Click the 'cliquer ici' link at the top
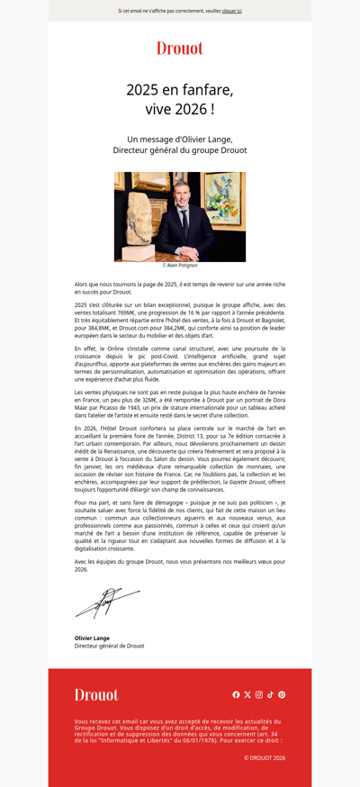231,11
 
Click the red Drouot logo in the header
180,49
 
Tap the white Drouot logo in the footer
96,694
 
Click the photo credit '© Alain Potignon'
180,266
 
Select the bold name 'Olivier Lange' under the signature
92,638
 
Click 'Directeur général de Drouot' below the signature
109,646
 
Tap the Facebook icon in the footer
237,694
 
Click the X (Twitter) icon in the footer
247,694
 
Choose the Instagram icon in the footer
259,694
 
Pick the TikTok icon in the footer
270,694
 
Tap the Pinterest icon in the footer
282,694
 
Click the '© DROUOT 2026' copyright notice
264,758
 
